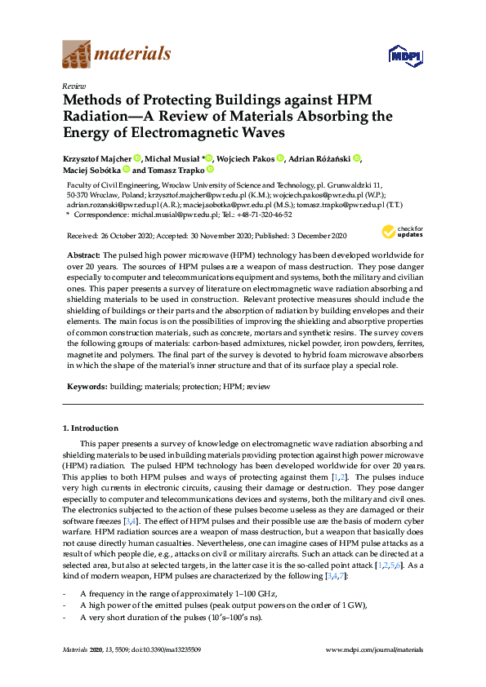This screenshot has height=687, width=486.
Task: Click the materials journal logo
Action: click(x=117, y=55)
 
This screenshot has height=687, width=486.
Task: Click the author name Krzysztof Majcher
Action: click(x=98, y=157)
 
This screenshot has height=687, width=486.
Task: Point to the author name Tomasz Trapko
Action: click(x=176, y=171)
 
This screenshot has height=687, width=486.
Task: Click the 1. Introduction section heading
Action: click(x=91, y=428)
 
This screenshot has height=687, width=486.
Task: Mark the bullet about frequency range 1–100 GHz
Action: click(x=179, y=592)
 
